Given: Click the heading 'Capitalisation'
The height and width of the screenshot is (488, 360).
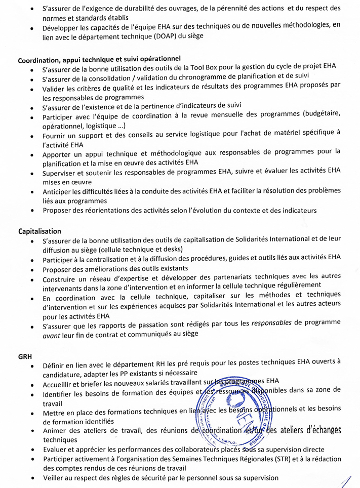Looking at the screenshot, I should pos(39,231).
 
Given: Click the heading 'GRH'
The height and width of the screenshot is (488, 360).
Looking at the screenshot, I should pos(25,356).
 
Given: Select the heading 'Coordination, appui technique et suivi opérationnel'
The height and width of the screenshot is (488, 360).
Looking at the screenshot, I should pos(99,59).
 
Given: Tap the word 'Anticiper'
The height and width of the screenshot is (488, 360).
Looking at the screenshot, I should pos(60,192).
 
